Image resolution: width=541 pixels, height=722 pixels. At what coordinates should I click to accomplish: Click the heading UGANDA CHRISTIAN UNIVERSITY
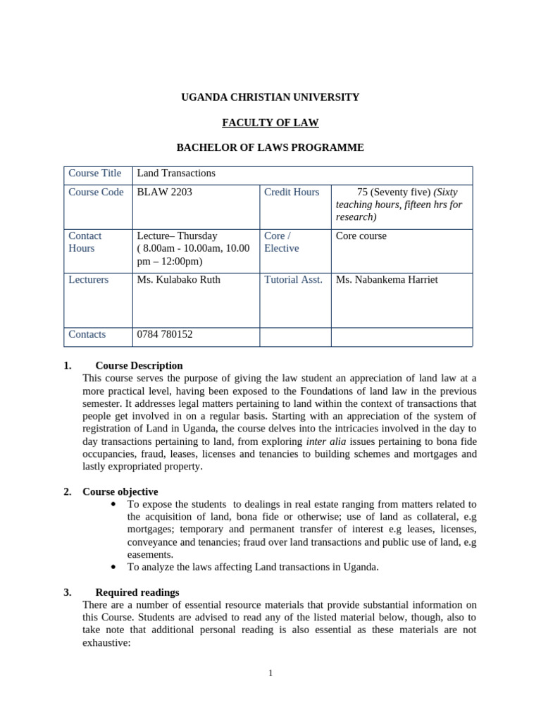[270, 97]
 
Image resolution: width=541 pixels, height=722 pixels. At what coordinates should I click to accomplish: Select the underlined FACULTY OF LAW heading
[270, 123]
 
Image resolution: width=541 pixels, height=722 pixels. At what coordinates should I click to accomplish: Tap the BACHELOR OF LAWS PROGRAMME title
[270, 147]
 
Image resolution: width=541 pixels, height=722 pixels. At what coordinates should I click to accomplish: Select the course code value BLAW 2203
[164, 192]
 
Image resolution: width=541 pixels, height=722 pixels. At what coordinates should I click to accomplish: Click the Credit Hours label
[291, 192]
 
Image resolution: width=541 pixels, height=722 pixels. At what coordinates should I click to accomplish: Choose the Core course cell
[361, 236]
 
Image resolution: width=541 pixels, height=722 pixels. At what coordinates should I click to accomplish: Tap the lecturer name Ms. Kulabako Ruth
[178, 280]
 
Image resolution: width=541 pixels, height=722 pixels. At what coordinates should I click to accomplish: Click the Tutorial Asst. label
[293, 280]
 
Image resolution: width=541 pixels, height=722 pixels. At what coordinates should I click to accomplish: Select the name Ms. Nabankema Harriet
[387, 280]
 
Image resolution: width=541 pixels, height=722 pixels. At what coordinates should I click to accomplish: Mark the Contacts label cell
[87, 335]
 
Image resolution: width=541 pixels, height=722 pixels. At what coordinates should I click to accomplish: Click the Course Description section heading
[139, 366]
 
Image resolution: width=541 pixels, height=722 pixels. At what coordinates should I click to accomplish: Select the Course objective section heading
[120, 491]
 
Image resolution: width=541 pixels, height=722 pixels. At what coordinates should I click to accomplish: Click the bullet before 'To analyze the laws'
[115, 567]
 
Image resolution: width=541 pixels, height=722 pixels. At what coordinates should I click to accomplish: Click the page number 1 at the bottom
[270, 673]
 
